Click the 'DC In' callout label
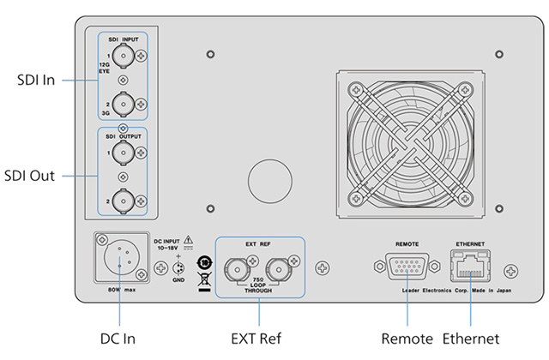118,339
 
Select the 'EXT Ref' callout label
256,339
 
